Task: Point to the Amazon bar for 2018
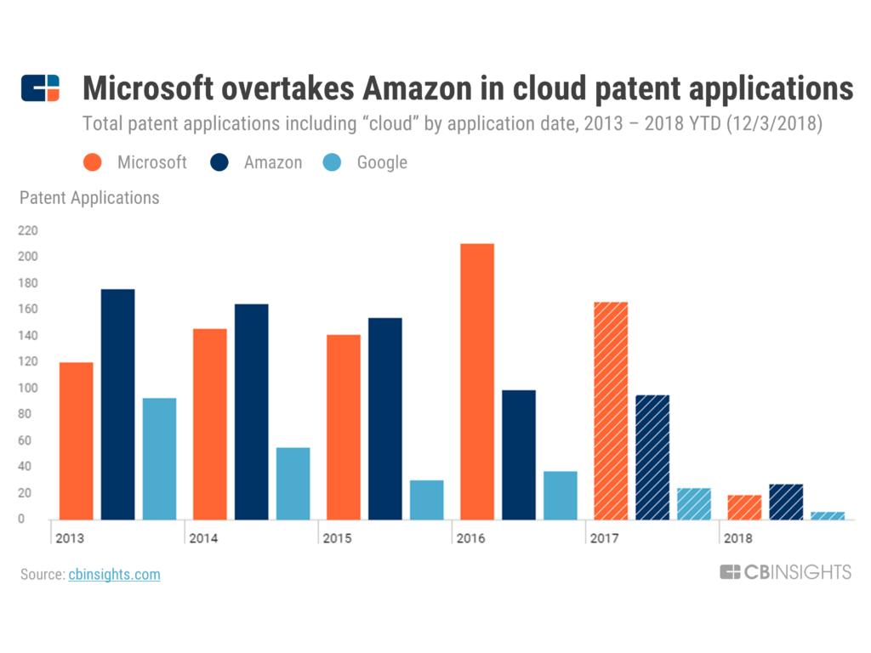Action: click(786, 502)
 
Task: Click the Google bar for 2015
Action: click(426, 499)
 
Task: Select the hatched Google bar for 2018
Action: click(828, 515)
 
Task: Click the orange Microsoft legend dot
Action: click(93, 162)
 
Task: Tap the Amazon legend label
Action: click(273, 162)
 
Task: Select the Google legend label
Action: click(382, 162)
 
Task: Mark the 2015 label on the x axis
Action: click(337, 538)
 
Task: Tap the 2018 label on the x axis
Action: click(738, 538)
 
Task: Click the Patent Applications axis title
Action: click(89, 198)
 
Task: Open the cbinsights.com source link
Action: click(114, 575)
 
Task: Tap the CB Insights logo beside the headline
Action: click(41, 88)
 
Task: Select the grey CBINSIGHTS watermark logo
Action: click(785, 572)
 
